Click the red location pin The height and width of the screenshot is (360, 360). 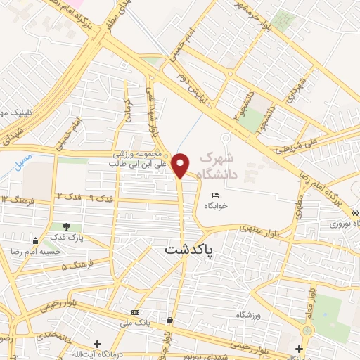click(181, 165)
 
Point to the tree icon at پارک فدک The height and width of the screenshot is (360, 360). click(66, 227)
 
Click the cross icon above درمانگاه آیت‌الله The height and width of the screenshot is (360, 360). click(96, 344)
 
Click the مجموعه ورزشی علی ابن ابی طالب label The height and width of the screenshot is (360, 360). click(138, 159)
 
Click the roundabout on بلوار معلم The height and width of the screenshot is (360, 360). click(307, 330)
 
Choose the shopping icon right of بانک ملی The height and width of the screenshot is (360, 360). click(169, 320)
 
